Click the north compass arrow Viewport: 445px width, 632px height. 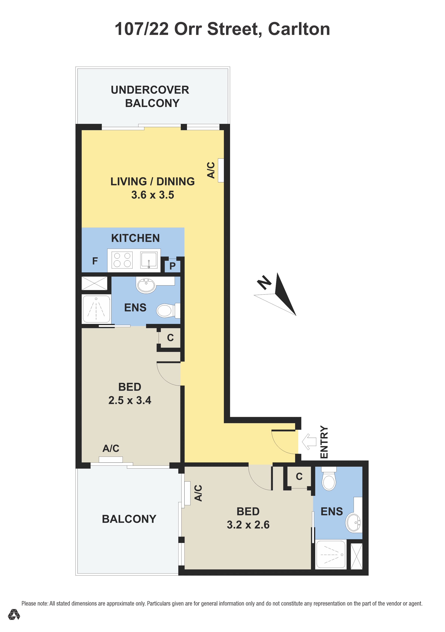(x=281, y=295)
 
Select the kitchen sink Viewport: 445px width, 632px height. (x=149, y=260)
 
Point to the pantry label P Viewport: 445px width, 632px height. (x=172, y=266)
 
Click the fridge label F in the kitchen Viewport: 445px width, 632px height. (x=95, y=261)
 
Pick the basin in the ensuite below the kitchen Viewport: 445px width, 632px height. (x=146, y=285)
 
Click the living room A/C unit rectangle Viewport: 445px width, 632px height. (x=221, y=170)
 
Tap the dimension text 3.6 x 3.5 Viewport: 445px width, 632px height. (x=153, y=195)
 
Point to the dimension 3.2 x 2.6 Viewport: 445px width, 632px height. (x=248, y=525)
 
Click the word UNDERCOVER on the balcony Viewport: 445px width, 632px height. (x=150, y=90)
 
